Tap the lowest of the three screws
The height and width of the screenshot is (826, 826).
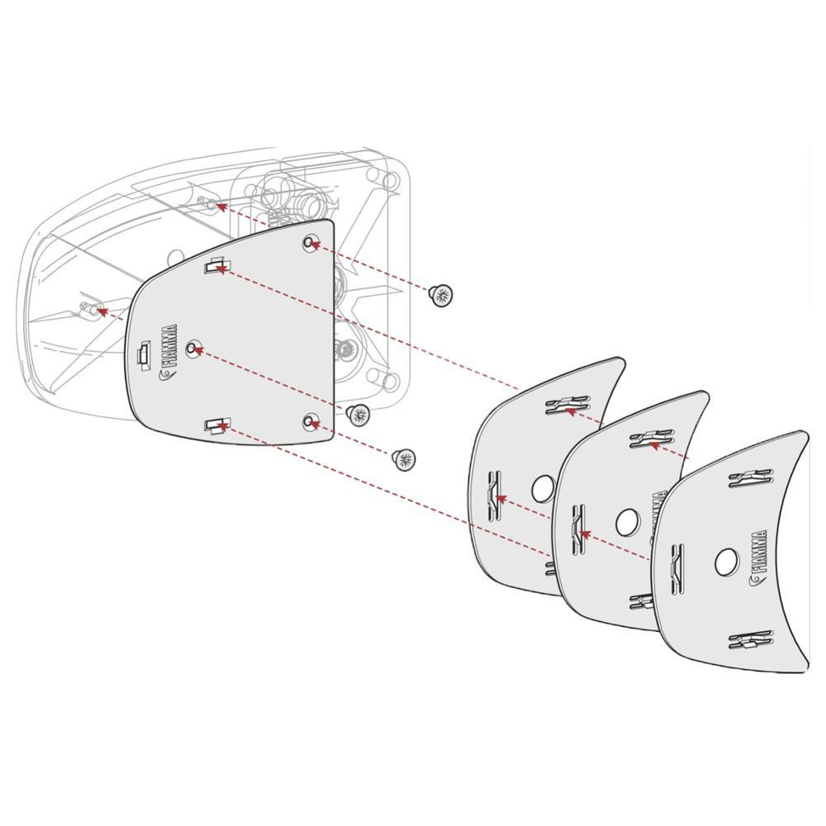404,459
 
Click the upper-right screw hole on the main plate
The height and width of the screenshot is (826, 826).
310,243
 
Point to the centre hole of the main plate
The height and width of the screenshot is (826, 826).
194,349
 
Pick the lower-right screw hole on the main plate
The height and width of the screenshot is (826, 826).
310,422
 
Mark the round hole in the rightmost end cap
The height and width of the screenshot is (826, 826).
727,562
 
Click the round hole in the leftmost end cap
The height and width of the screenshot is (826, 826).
542,489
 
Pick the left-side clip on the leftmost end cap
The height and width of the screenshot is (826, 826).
495,496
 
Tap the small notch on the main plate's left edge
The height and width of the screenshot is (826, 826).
143,355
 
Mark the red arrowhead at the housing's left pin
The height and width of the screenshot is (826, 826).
100,311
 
